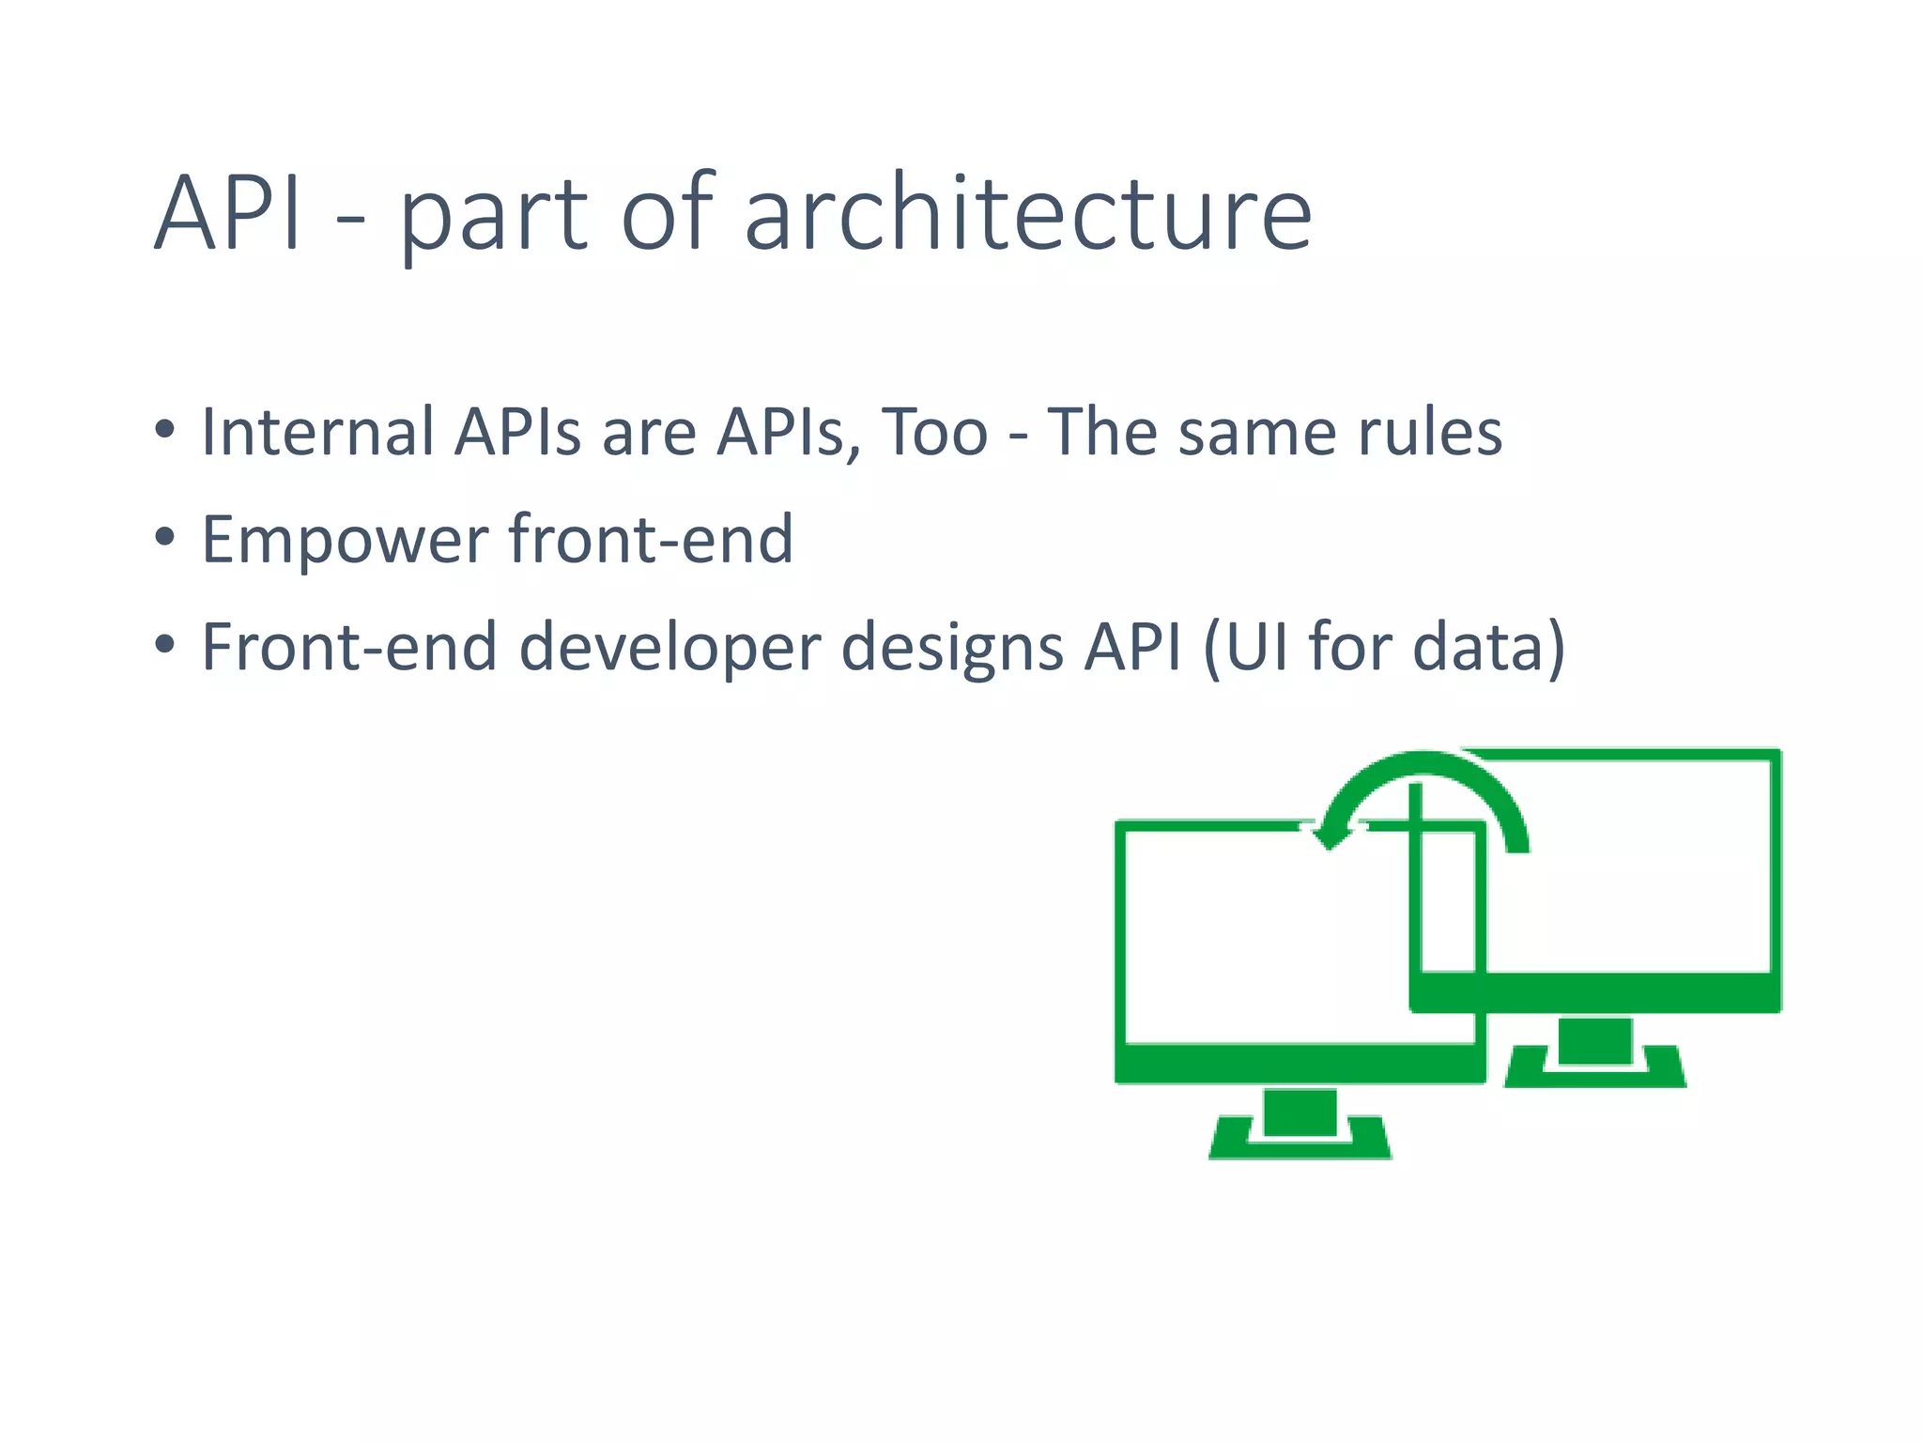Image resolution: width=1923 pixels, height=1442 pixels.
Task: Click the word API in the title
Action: coord(228,214)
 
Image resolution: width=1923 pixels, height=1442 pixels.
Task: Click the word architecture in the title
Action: coord(1028,214)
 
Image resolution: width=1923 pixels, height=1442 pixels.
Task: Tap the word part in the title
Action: coord(494,218)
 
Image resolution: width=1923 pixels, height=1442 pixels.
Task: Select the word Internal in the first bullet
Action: coord(317,433)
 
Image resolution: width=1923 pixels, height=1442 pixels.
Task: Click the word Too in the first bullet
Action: coord(934,433)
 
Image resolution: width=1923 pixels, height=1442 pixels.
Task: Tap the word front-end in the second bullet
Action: coord(652,540)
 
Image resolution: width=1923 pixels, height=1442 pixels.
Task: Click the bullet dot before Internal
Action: coord(165,430)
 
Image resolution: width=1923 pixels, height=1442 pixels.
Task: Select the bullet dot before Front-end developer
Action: coord(165,645)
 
